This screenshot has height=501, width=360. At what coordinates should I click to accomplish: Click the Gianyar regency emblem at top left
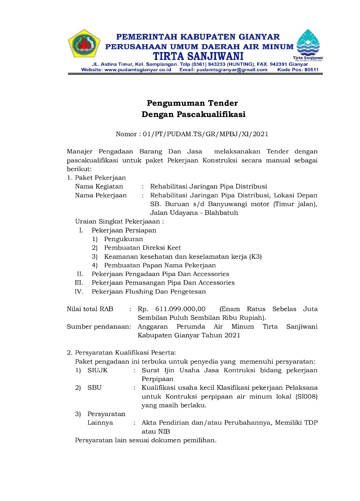[84, 45]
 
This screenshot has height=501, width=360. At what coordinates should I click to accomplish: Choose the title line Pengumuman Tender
[192, 103]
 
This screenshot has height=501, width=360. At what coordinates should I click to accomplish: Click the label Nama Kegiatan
[99, 187]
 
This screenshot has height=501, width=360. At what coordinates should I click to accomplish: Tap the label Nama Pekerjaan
[101, 195]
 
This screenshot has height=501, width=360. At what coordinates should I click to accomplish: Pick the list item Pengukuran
[124, 239]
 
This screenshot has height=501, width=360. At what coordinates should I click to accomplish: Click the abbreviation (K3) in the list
[255, 257]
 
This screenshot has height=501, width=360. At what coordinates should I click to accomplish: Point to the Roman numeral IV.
[79, 292]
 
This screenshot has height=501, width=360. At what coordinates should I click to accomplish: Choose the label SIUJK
[97, 370]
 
